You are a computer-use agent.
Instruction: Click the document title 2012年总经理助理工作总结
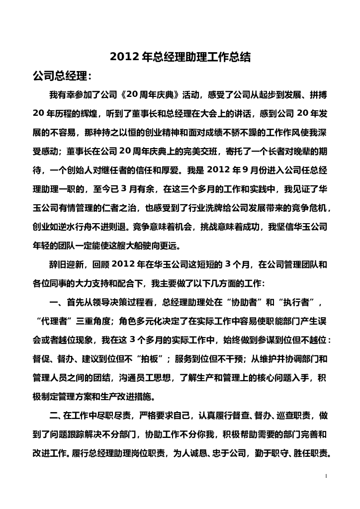(180, 58)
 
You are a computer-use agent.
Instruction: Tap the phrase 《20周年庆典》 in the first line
(148, 95)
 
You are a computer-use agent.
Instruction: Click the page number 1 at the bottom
(326, 476)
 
